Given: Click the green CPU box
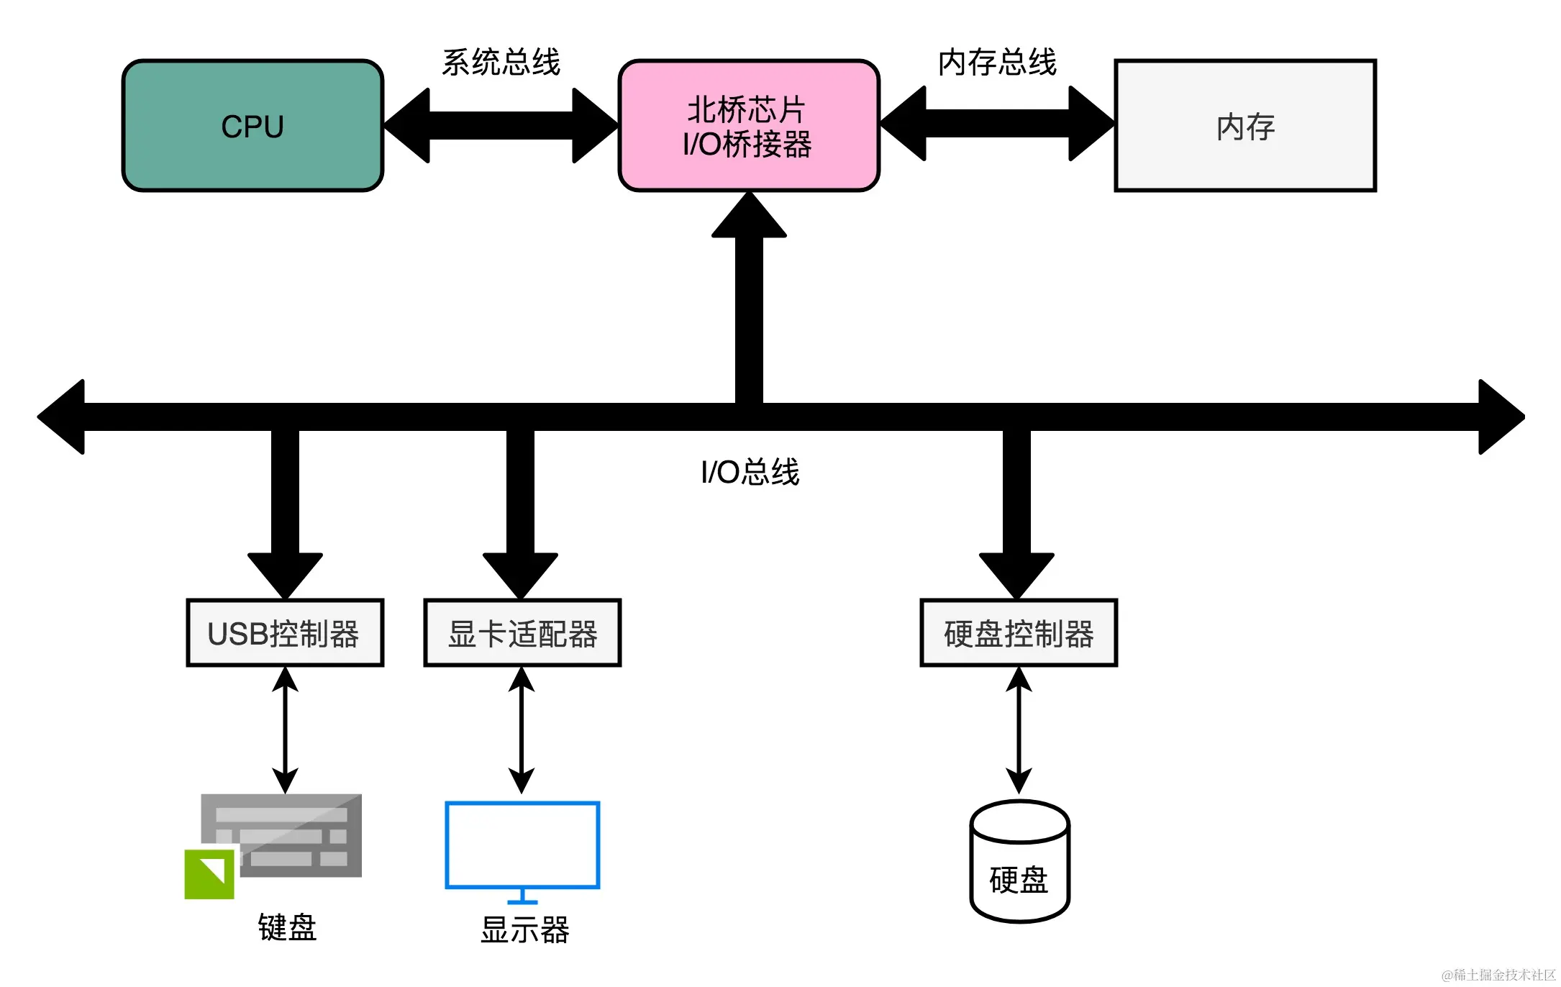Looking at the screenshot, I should (252, 126).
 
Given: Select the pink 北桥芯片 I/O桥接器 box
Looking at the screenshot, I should (748, 126).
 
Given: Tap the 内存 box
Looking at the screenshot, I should (1244, 126).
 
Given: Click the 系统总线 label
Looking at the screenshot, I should (501, 63).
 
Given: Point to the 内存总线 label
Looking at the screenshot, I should (997, 63).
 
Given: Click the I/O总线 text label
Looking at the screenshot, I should (750, 473).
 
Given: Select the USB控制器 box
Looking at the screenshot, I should (285, 633).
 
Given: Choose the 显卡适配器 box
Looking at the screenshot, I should (522, 633).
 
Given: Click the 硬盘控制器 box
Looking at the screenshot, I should (1019, 633).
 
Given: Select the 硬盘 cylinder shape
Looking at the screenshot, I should (1019, 863).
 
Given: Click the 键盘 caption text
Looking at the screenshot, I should (287, 927).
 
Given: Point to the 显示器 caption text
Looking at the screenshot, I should (524, 929).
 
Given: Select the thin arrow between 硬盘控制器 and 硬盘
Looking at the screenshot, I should (1019, 730).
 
